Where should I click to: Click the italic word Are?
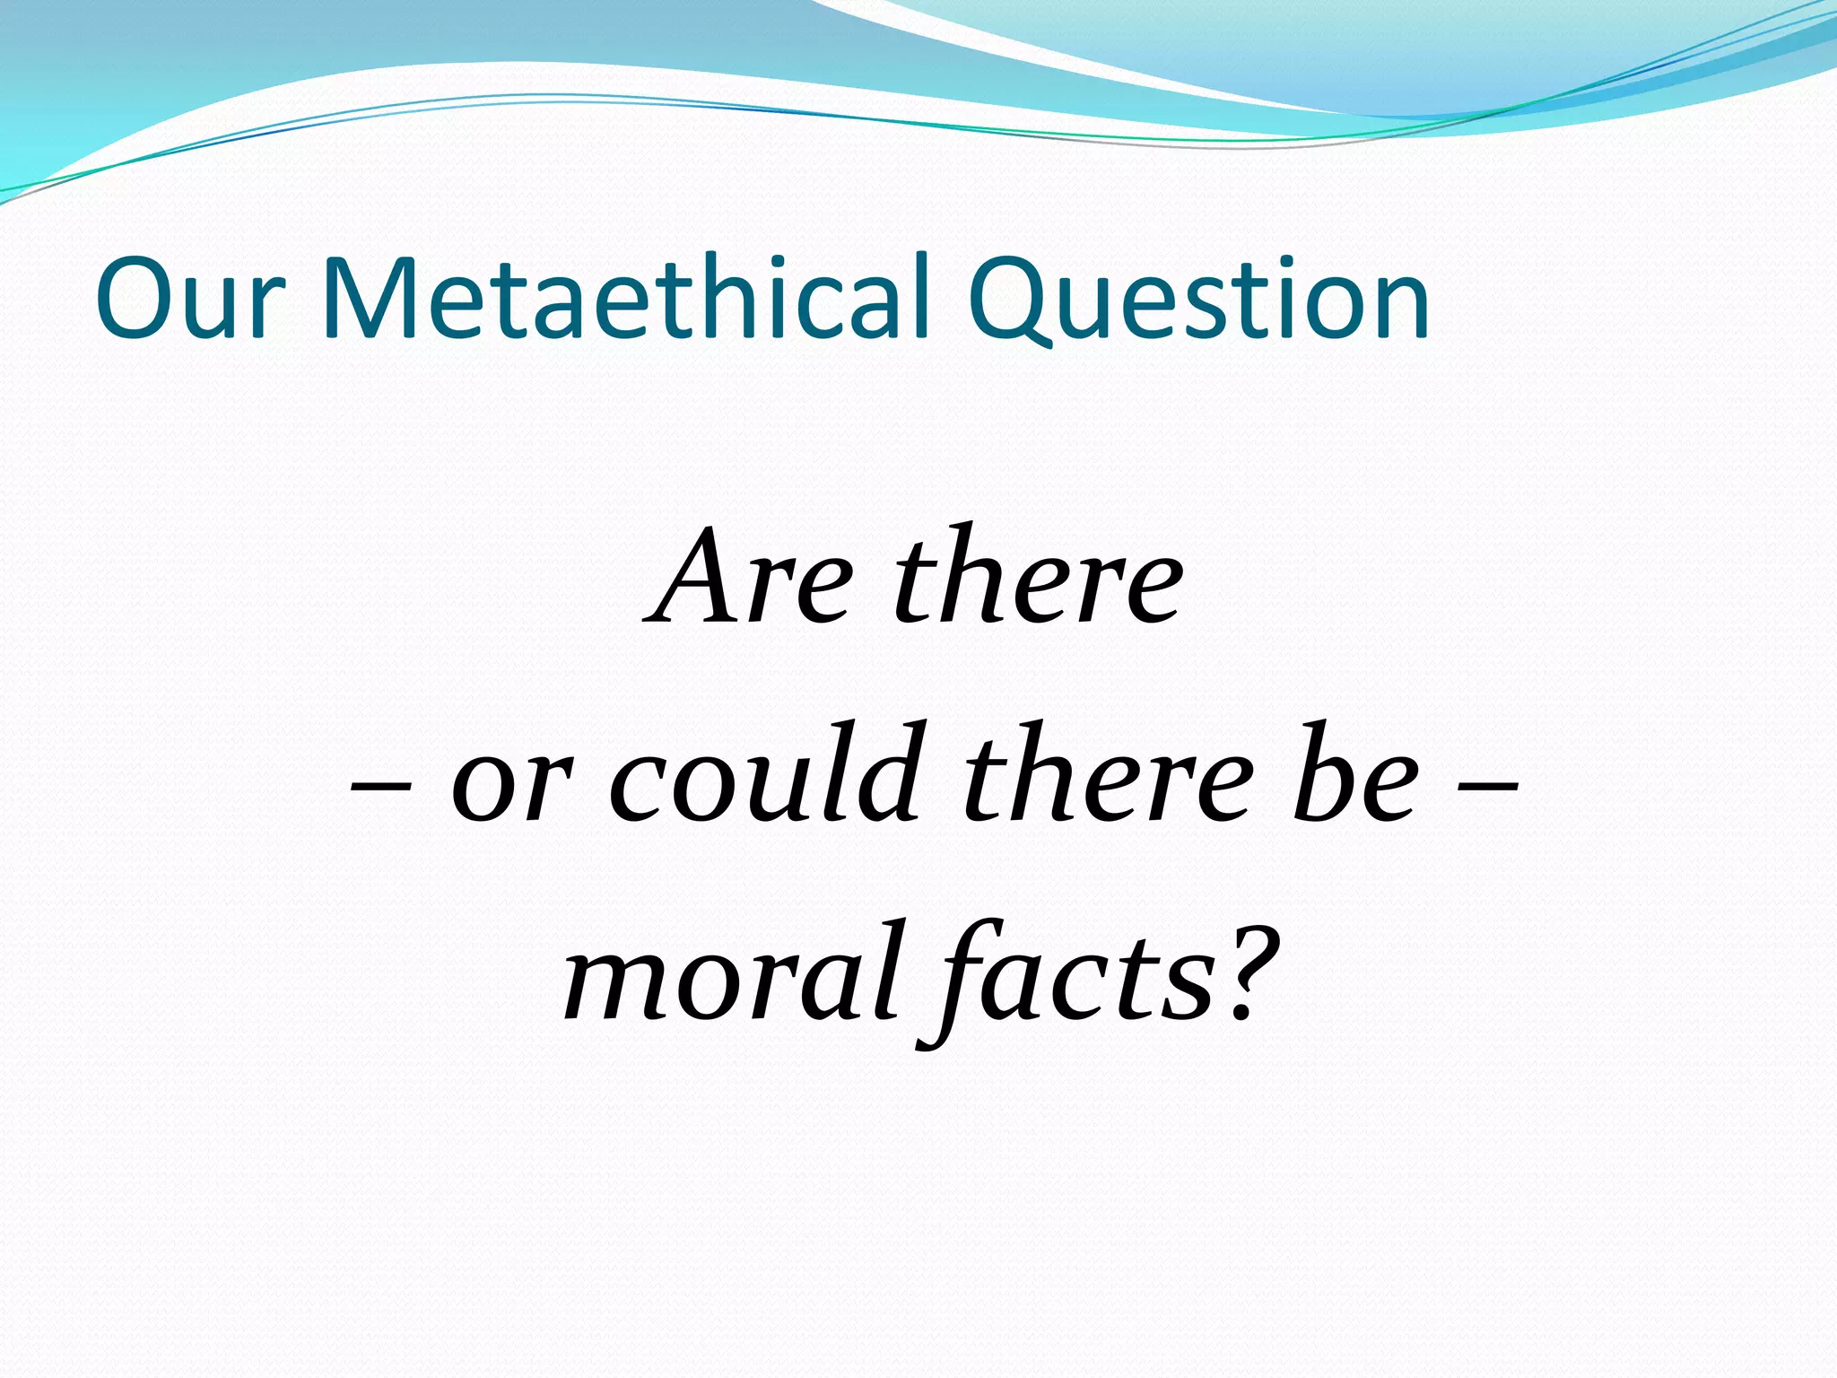coord(749,579)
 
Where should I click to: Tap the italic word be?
coord(1354,776)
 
